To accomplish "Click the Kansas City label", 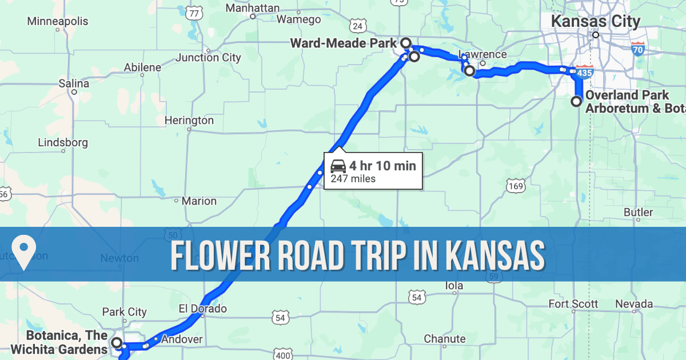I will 595,22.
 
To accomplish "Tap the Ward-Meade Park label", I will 344,43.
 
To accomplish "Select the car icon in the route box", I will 338,166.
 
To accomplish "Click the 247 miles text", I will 353,179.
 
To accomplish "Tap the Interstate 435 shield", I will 585,73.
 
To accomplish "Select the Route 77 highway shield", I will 195,13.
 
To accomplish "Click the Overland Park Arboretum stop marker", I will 576,102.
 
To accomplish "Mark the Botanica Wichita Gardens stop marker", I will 117,343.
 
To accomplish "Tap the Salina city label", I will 74,83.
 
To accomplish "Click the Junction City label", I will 208,57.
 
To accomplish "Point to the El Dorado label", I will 203,309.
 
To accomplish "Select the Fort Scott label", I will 573,303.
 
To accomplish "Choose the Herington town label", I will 189,121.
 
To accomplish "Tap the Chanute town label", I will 445,339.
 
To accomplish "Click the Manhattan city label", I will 253,8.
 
